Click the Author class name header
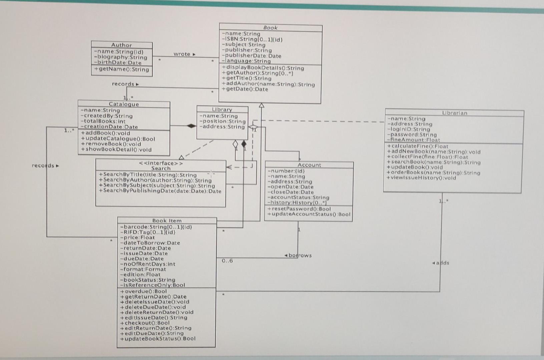pyautogui.click(x=121, y=45)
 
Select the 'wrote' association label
pyautogui.click(x=182, y=54)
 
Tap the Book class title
pyautogui.click(x=270, y=28)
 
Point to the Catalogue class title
pyautogui.click(x=123, y=104)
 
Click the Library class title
pyautogui.click(x=222, y=109)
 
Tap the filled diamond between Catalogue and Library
pyautogui.click(x=191, y=126)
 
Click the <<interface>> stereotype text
pyautogui.click(x=161, y=163)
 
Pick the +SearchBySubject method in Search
pyautogui.click(x=159, y=186)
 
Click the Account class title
pyautogui.click(x=309, y=165)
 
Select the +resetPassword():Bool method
pyautogui.click(x=299, y=209)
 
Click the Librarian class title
pyautogui.click(x=454, y=113)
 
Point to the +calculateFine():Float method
pyautogui.click(x=418, y=146)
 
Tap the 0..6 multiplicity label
pyautogui.click(x=227, y=261)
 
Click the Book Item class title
pyautogui.click(x=167, y=221)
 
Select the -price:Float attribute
pyautogui.click(x=137, y=237)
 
